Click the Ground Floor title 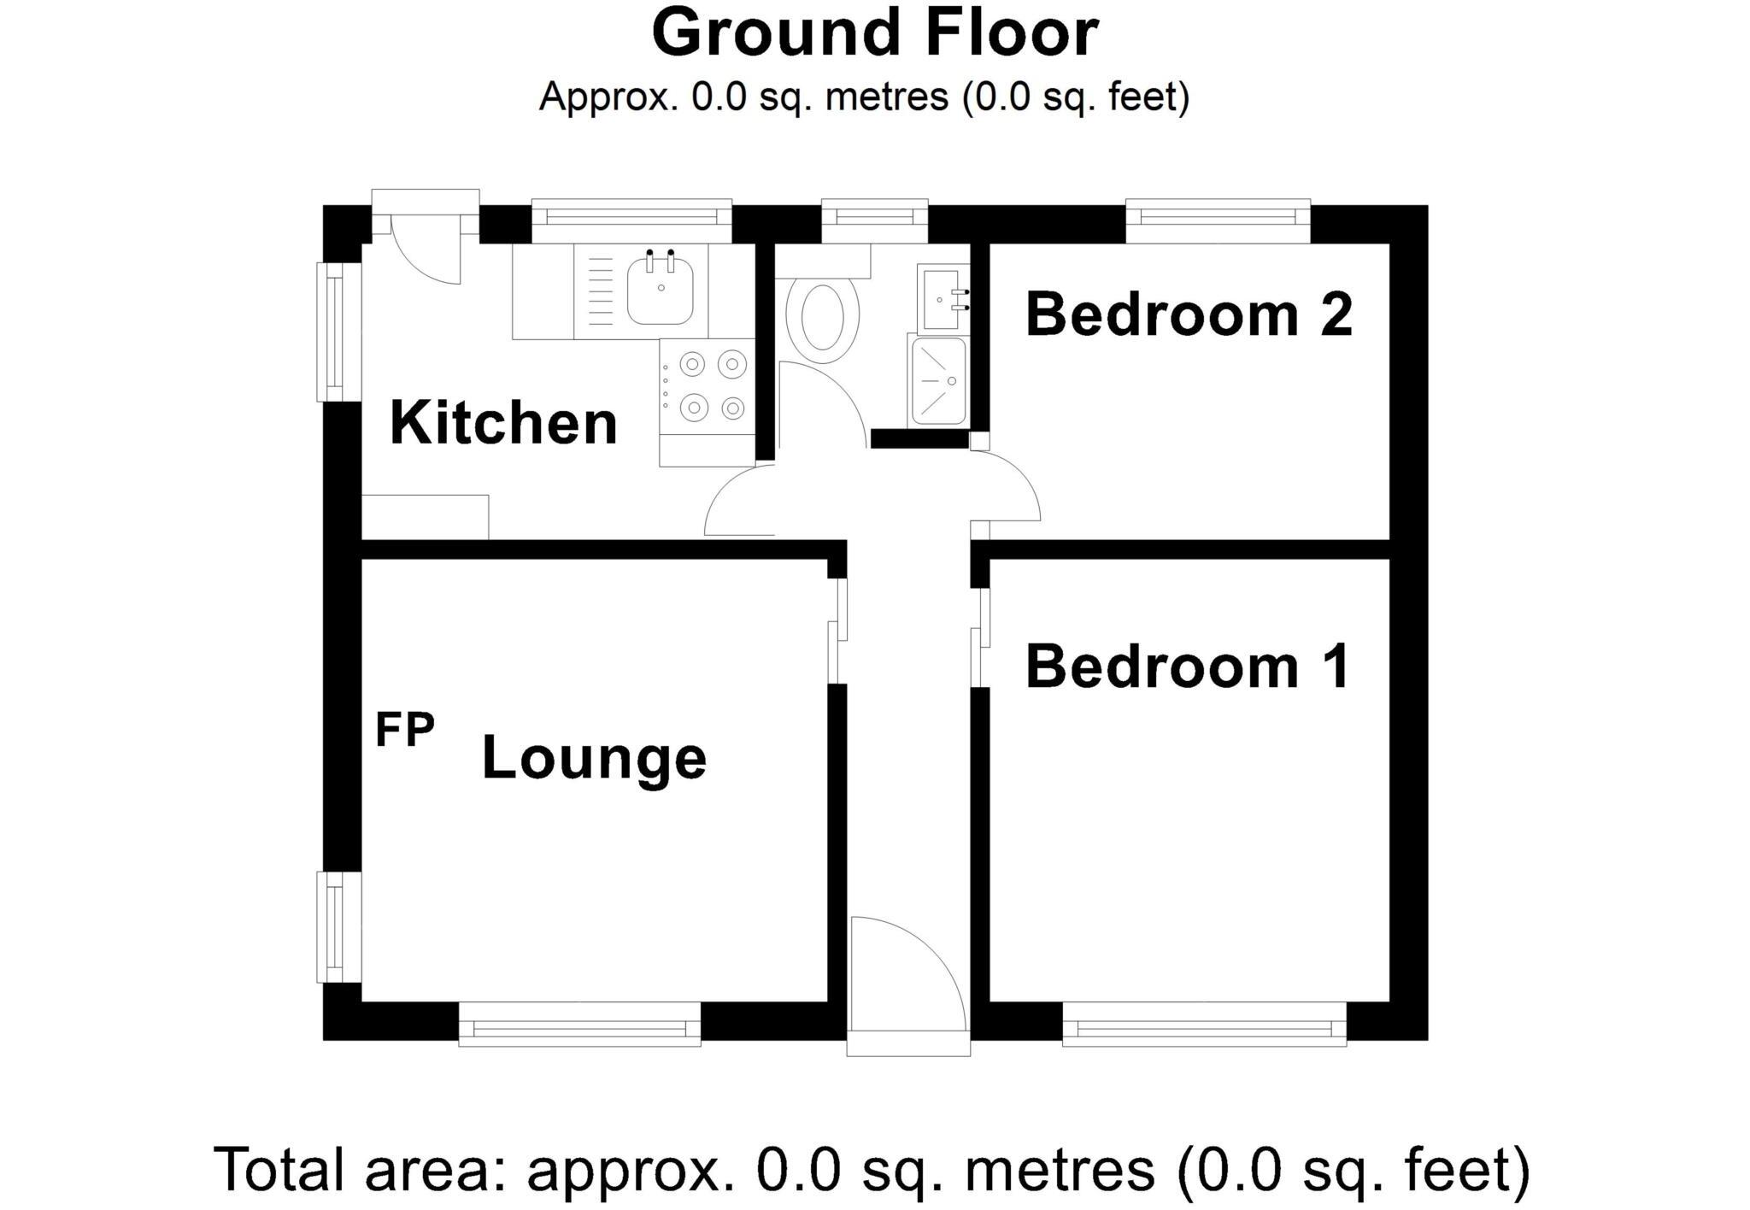coord(874,34)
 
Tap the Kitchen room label coord(503,423)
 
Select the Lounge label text coord(594,758)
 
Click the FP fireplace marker coord(405,731)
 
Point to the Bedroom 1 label coord(1188,667)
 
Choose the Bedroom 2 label coord(1189,314)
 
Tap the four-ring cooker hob coord(708,386)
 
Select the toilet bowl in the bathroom coord(822,316)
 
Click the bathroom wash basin coord(943,299)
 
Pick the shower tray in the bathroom coord(938,381)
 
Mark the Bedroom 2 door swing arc coord(1008,487)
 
